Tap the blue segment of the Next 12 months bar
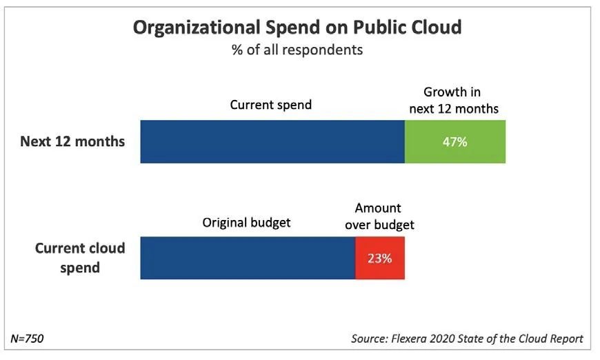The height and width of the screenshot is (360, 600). pos(272,141)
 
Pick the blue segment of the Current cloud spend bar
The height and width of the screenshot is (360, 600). pos(248,258)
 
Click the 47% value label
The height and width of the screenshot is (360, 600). pos(455,142)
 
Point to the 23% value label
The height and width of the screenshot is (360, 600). pos(380,259)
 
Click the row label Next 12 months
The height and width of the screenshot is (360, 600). pos(72,141)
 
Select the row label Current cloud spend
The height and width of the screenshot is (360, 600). pos(80,257)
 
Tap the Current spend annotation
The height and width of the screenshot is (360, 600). pos(271,105)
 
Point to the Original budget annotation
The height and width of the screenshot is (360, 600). pos(247,223)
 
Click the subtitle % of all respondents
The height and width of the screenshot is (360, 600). pos(297,50)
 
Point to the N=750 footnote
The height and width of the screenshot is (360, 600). pos(28,339)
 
